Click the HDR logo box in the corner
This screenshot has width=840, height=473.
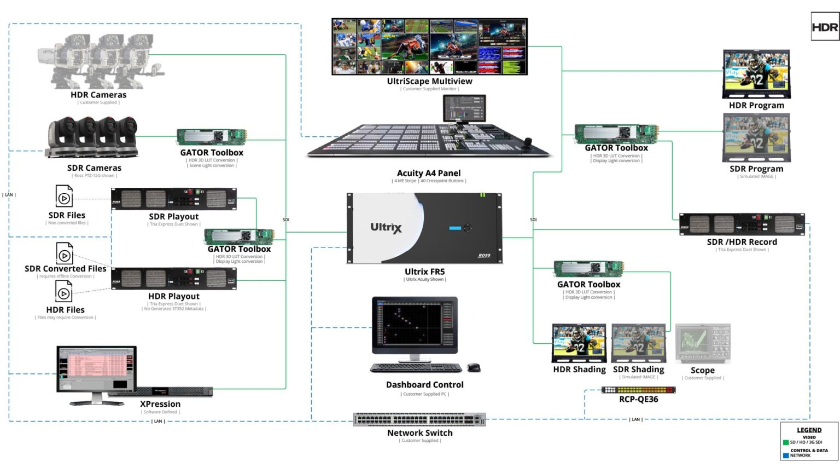coord(825,27)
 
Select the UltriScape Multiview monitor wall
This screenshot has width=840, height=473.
coord(429,47)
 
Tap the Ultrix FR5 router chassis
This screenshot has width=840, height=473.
coord(424,228)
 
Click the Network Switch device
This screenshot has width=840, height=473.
coord(419,419)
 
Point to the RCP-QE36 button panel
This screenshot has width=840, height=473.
coord(638,390)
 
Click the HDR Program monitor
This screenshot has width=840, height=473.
coord(756,74)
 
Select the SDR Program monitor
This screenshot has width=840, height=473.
coord(756,137)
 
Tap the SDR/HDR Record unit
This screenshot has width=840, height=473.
coord(742,224)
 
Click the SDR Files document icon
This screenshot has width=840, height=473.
coord(64,197)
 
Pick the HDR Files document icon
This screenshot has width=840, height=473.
coord(63,292)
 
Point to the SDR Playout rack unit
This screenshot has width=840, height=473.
coord(173,199)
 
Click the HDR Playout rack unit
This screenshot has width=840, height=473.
coord(173,279)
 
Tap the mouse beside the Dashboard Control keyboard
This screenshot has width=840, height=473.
coord(474,367)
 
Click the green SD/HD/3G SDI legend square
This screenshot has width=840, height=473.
coord(786,442)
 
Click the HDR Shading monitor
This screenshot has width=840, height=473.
coord(579,343)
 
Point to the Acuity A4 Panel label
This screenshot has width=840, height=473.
coord(429,173)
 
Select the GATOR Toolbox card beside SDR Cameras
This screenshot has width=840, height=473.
coord(212,137)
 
